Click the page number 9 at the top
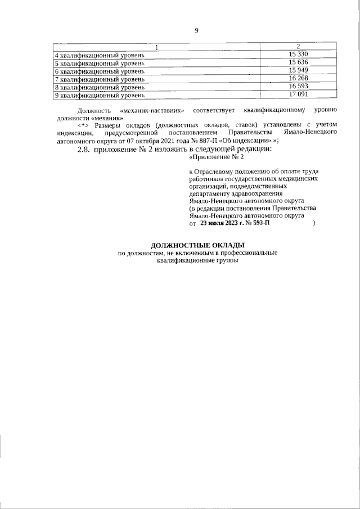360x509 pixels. pyautogui.click(x=196, y=30)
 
